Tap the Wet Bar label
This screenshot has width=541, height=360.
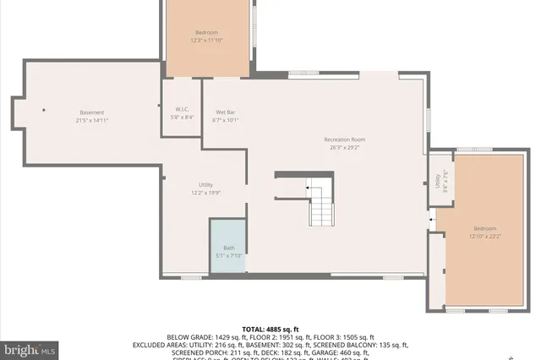click(226, 112)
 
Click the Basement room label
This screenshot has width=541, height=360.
click(92, 112)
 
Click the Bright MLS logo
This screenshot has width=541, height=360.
click(30, 348)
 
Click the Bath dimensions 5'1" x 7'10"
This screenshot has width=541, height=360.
click(228, 255)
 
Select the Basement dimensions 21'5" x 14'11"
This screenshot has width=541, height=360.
click(92, 120)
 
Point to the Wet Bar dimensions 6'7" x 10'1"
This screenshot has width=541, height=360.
click(226, 120)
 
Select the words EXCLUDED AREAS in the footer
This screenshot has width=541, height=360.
click(160, 345)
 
